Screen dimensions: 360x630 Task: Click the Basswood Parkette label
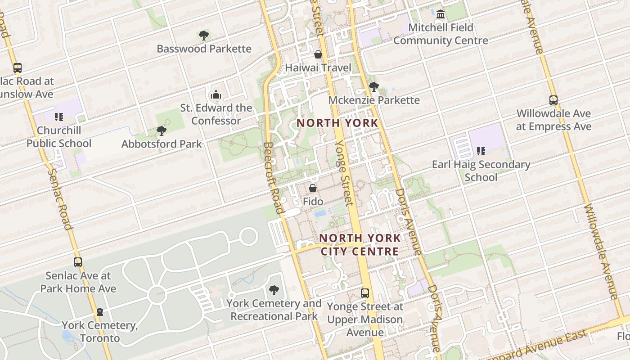pos(204,49)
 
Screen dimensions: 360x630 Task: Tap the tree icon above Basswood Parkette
pos(204,35)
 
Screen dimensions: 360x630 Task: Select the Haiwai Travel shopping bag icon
pos(318,54)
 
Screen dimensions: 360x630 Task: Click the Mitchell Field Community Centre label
pos(441,34)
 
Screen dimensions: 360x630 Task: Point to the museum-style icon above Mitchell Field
pos(441,14)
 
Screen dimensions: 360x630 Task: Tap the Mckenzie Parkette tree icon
pos(373,86)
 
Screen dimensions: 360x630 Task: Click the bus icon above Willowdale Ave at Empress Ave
pos(553,100)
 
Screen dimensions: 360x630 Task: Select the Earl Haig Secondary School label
pos(481,171)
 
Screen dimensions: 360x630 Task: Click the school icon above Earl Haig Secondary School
pos(481,151)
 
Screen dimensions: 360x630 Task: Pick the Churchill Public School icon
pos(59,117)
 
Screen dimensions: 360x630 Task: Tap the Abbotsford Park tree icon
pos(162,131)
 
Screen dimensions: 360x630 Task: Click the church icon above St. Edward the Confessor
pos(216,94)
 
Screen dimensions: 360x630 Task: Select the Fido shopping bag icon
pos(313,188)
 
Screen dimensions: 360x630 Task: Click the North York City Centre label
pos(360,244)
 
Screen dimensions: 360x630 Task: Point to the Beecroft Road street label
pos(274,178)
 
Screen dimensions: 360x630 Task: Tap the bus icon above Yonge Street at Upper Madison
pos(365,293)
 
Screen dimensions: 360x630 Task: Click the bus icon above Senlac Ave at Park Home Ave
pos(78,262)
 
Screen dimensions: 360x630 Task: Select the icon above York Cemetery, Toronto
pos(100,312)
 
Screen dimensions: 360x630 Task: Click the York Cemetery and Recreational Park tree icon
pos(274,290)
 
